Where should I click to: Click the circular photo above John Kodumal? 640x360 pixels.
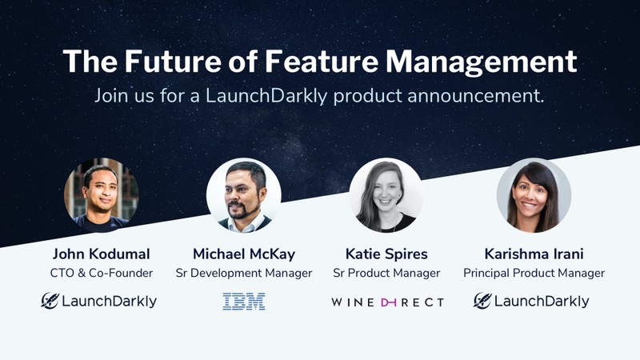tap(102, 195)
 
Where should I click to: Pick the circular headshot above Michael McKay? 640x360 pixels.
tap(244, 195)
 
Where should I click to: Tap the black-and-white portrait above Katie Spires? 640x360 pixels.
tap(386, 195)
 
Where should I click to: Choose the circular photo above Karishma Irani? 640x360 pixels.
tap(534, 195)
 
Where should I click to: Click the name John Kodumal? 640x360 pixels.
tap(102, 254)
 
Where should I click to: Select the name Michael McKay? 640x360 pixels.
tap(244, 254)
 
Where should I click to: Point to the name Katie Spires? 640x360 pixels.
tap(386, 254)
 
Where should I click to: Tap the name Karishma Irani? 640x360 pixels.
tap(534, 254)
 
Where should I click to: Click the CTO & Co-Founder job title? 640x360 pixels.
tap(102, 274)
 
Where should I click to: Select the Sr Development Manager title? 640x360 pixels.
tap(244, 274)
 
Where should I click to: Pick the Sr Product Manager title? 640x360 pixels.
tap(386, 274)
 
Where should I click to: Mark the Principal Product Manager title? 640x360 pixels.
tap(534, 274)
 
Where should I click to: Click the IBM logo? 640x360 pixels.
tap(244, 302)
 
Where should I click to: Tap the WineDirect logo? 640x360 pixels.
tap(387, 302)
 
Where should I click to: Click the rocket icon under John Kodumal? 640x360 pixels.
tap(50, 301)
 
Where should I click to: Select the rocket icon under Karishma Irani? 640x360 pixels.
tap(482, 301)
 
